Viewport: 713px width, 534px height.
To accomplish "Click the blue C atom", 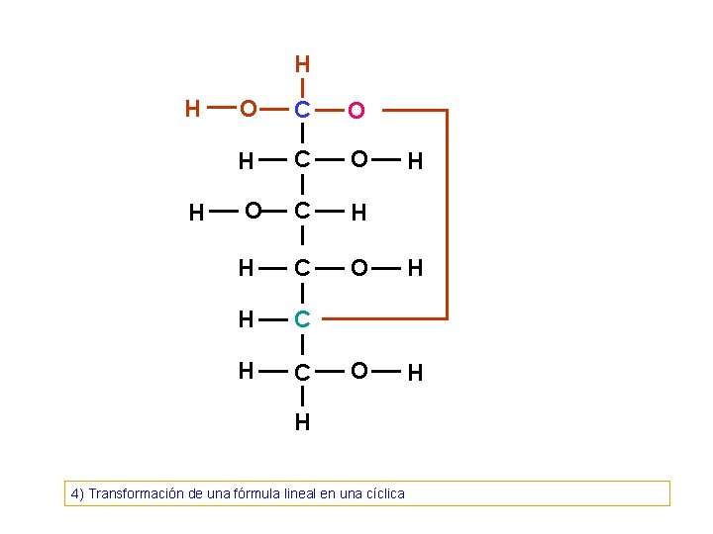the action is [302, 108].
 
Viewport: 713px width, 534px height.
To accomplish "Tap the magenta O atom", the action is [356, 112].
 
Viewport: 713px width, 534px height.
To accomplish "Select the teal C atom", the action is [302, 319].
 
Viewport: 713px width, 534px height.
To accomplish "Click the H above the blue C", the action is [302, 65].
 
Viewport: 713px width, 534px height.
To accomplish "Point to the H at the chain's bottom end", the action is [302, 422].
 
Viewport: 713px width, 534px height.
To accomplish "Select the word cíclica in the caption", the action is [382, 492].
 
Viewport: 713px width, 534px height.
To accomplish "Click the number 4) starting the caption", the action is [76, 492].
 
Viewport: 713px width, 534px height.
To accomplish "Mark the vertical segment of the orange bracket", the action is [447, 214].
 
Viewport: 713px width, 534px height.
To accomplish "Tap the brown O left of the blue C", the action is [248, 107].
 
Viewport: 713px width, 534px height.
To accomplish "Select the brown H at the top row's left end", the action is [193, 108].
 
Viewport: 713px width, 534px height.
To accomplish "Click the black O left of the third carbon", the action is [253, 210].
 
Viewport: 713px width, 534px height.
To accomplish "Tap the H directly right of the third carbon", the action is [358, 212].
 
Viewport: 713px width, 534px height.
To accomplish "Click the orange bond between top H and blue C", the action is [302, 86].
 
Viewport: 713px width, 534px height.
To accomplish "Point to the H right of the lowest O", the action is [416, 373].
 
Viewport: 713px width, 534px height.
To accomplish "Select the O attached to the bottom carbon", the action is [360, 370].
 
